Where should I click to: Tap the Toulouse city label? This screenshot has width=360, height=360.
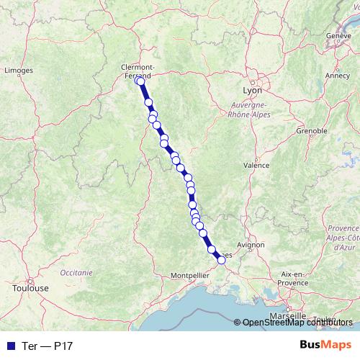[x=30, y=287]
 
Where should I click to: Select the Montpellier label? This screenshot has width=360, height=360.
[x=189, y=275]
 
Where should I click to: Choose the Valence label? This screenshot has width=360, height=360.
[x=256, y=165]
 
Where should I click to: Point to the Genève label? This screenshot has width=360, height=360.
[x=338, y=35]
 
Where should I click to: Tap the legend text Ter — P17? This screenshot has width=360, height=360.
[x=44, y=345]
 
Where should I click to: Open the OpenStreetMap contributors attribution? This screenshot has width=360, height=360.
[x=297, y=323]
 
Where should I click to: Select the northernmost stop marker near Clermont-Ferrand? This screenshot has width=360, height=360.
[x=139, y=81]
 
